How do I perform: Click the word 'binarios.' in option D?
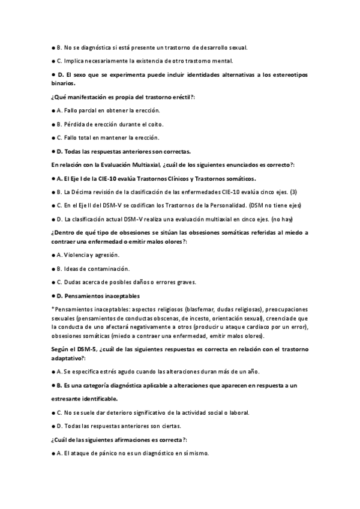click(x=64, y=84)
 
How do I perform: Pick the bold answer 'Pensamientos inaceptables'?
click(x=103, y=295)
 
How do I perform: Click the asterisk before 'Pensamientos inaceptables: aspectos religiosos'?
click(x=53, y=309)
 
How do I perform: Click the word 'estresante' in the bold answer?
click(x=68, y=399)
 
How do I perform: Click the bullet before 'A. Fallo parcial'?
click(x=53, y=110)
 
